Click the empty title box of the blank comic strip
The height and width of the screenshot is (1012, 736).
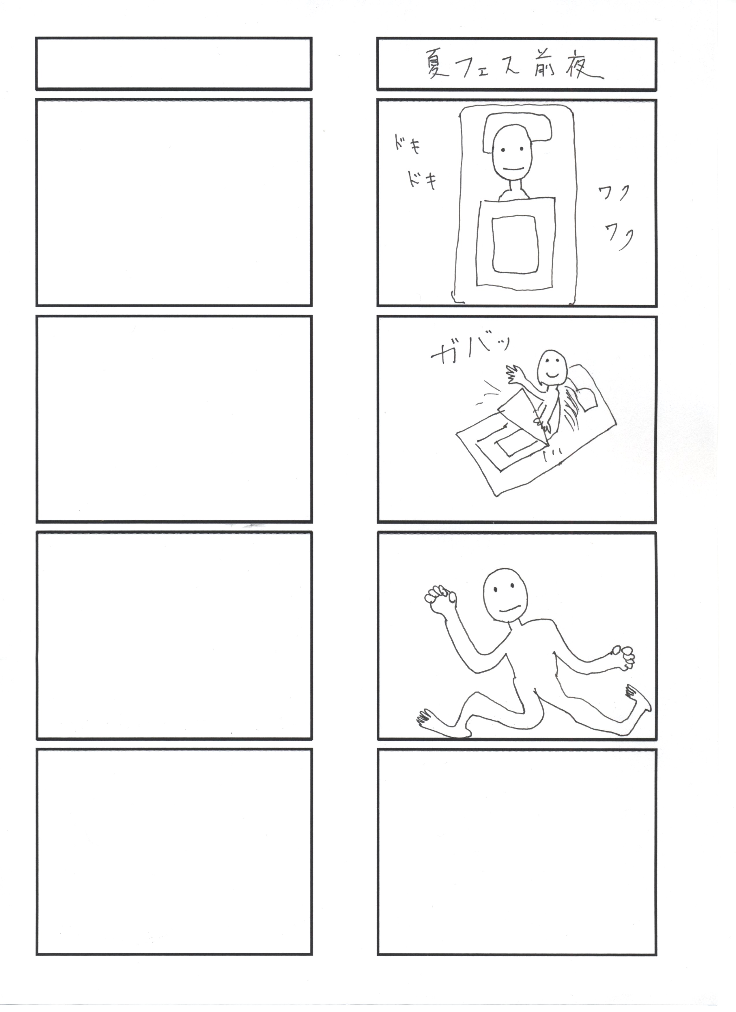(x=174, y=64)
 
